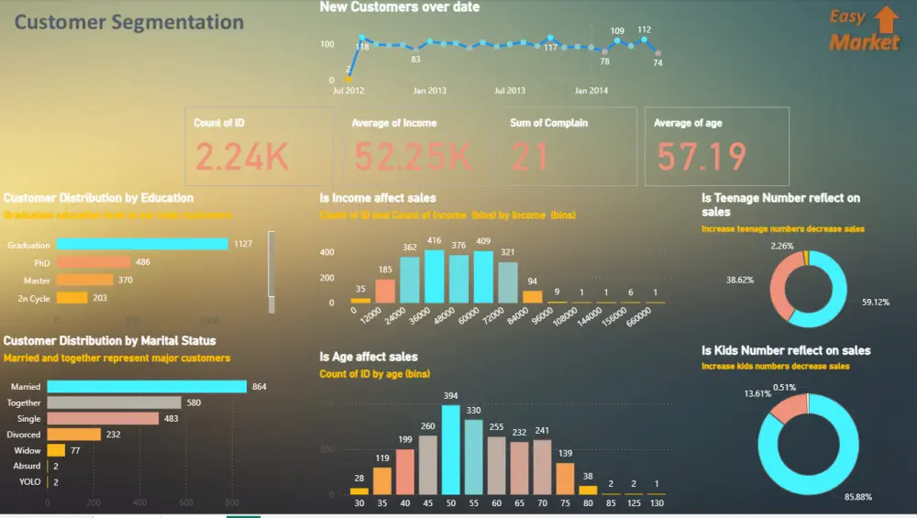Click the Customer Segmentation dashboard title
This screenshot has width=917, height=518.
[129, 23]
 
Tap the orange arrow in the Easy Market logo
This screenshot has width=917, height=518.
[886, 19]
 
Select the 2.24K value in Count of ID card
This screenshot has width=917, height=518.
[242, 158]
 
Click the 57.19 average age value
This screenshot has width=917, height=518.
[702, 158]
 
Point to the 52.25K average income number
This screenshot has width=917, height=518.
[413, 158]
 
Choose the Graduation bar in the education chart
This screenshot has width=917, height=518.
[142, 244]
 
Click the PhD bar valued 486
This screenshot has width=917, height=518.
[93, 262]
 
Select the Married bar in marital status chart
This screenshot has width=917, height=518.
[147, 387]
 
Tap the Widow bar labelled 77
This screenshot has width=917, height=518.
[56, 450]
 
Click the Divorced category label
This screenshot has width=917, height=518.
[24, 435]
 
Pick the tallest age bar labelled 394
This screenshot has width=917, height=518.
[450, 449]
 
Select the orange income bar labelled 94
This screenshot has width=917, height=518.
[533, 297]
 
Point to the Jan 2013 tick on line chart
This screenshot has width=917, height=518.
[429, 91]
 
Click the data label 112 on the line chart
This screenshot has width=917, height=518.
[645, 29]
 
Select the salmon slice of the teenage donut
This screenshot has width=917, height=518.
[781, 284]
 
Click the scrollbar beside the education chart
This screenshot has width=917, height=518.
[271, 263]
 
